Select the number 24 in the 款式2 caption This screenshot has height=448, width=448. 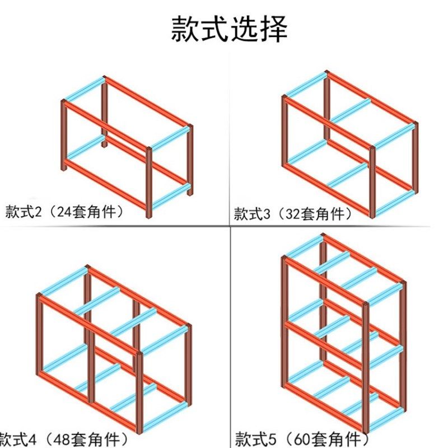tap(56, 212)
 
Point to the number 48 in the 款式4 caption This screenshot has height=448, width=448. tap(58, 436)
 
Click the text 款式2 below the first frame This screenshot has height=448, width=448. tap(21, 212)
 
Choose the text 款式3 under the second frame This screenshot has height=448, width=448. tap(250, 214)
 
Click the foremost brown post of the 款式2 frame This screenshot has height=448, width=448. tap(150, 182)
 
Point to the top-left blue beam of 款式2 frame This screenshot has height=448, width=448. tap(85, 90)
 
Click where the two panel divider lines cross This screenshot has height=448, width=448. tap(230, 227)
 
